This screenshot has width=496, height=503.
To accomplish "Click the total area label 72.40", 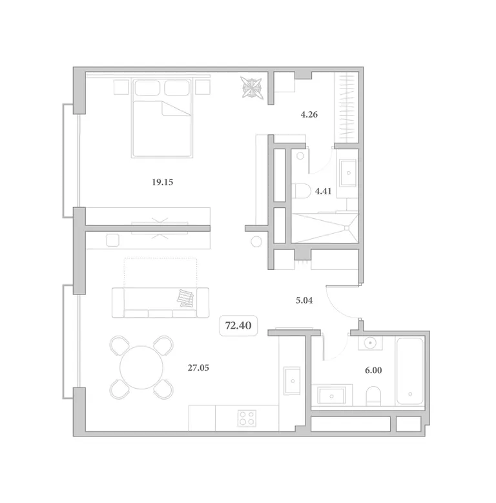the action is pos(238,325).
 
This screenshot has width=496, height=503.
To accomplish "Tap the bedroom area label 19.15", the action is pos(162,182).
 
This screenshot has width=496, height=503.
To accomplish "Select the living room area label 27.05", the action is pos(198,367).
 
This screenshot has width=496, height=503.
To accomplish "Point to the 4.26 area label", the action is pos(309,114).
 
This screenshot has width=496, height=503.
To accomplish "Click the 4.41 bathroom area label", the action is pos(323,191).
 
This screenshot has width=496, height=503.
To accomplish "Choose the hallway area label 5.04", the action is pos(304,301).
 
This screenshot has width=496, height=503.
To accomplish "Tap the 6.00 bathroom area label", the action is pos(373,371).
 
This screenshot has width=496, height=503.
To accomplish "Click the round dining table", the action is pos(141,367).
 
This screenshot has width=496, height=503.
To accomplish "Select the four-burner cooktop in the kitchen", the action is pos(247,418).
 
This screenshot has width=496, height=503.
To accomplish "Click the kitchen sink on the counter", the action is pos(292,381).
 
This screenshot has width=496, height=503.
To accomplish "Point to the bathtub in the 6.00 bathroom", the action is pos(410,371).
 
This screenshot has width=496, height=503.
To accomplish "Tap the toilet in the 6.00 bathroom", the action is pos(373,396).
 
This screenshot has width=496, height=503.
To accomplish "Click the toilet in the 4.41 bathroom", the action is pos(301,191).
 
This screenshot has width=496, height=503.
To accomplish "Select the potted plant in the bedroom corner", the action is pos(252,87).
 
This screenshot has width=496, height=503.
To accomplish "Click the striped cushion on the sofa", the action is pos(185,298).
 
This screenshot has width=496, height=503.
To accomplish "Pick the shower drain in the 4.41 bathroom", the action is pos(347,228).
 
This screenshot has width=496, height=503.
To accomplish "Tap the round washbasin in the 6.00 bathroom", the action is pos(371,343).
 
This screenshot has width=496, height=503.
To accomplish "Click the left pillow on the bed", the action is pos(147,88).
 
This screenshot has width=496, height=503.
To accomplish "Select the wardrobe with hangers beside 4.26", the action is pos(347,108).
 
